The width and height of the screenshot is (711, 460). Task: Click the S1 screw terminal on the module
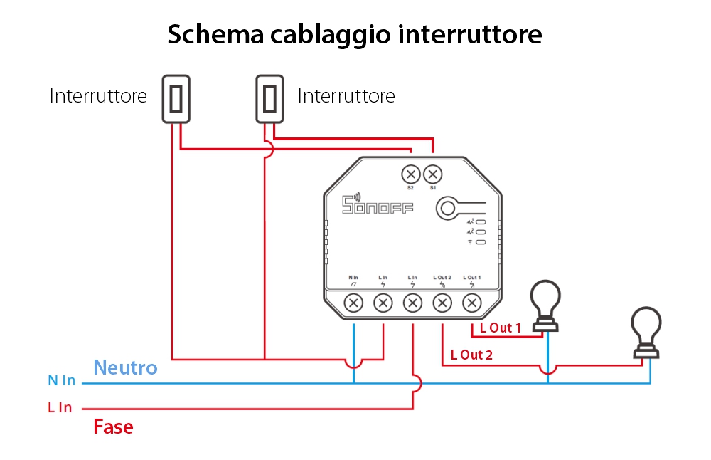[432, 174]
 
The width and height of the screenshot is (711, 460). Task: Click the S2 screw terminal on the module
[410, 174]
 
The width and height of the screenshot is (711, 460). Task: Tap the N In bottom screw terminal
[353, 303]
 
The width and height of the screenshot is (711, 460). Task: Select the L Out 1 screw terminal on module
[471, 303]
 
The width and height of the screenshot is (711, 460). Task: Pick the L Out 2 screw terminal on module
[442, 303]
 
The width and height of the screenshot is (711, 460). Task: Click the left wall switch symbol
[177, 98]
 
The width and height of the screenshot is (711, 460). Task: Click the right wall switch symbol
[269, 98]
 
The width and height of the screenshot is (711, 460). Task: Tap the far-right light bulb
[648, 331]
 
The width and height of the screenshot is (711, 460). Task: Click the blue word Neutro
[125, 367]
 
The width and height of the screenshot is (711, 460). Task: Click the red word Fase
[114, 427]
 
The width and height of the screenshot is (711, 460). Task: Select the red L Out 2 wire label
[471, 355]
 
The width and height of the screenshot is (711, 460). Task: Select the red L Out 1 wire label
[501, 328]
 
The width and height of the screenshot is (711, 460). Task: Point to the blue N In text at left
[62, 381]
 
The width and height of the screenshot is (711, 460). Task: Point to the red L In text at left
[60, 408]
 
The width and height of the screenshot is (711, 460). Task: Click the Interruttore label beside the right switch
[346, 95]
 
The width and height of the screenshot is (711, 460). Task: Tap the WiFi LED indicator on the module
[481, 242]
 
